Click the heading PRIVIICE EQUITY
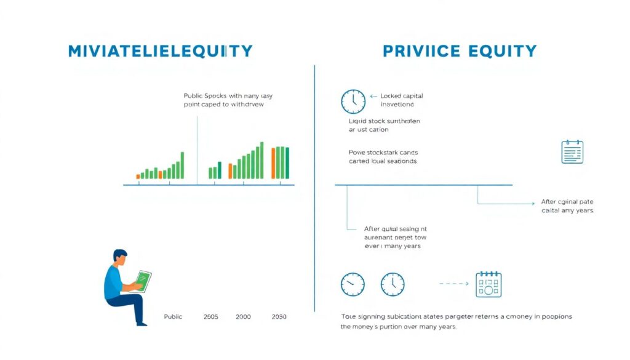tap(460, 51)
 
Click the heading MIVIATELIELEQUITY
tap(160, 51)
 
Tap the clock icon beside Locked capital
tap(353, 101)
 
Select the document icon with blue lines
tap(572, 151)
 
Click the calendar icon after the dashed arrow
tap(488, 284)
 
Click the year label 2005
tap(211, 316)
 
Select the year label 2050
tap(279, 316)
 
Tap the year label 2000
tap(243, 316)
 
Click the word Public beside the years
tap(173, 316)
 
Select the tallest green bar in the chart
tap(262, 161)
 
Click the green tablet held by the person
tap(143, 281)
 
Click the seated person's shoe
tap(142, 322)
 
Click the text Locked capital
tap(402, 96)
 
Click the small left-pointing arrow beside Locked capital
tap(373, 96)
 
